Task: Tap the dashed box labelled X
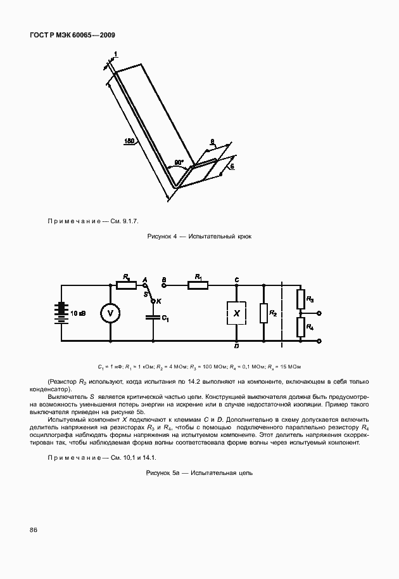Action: coord(236,313)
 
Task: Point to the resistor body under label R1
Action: coord(198,285)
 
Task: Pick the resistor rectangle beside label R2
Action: coord(263,313)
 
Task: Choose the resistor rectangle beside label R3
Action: coord(300,299)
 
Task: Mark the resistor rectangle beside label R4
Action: coord(300,327)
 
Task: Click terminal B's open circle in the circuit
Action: coord(164,285)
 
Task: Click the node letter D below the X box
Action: coord(236,346)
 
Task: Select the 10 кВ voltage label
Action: coord(79,313)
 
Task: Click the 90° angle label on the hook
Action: coord(179,162)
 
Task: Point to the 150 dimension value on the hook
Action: coord(129,142)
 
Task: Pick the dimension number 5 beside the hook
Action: coord(232,166)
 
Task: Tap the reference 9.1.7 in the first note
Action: coord(129,221)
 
